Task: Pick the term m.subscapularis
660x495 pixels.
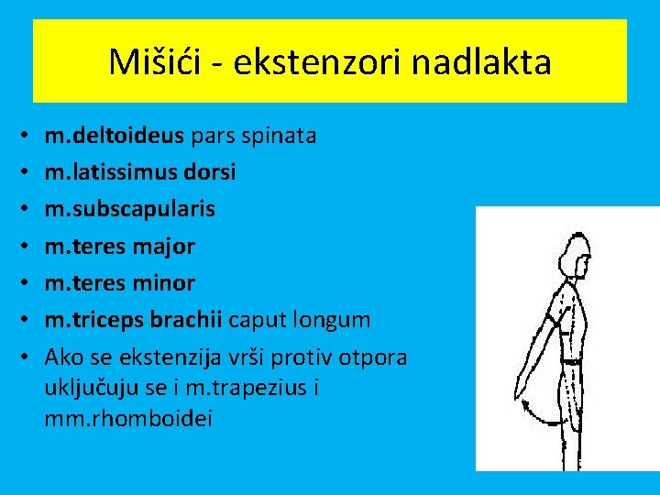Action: pyautogui.click(x=129, y=208)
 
